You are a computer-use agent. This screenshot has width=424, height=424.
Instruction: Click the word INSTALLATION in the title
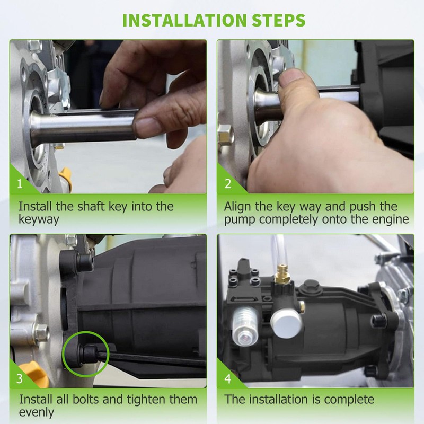(184, 20)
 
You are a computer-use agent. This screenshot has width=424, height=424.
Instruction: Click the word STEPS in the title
(279, 20)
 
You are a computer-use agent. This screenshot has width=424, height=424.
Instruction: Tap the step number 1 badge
(20, 184)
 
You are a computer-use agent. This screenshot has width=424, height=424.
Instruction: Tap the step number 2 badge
(228, 184)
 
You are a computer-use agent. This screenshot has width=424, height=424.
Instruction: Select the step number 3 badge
(20, 378)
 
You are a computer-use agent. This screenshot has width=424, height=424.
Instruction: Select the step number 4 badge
(228, 378)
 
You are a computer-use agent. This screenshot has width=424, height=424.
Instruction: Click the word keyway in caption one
(39, 219)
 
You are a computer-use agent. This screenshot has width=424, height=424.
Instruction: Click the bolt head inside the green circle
(89, 354)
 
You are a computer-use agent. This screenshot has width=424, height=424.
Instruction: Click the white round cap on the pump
(286, 323)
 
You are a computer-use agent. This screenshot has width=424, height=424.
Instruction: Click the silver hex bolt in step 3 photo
(41, 332)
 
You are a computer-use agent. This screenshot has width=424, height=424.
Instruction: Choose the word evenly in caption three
(37, 413)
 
